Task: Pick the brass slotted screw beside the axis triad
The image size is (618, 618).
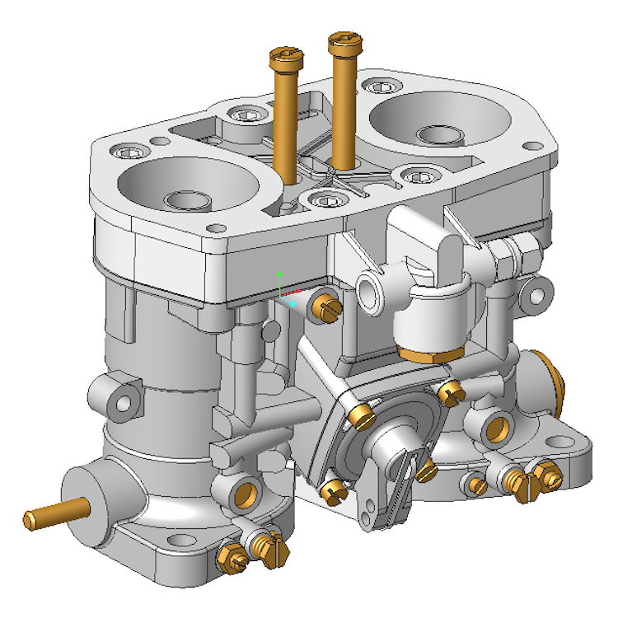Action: pos(326,307)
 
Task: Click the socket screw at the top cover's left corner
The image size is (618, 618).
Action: pos(132,152)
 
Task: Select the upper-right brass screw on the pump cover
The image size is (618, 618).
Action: pos(449,393)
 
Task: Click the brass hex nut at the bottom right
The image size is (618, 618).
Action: pos(544,473)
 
